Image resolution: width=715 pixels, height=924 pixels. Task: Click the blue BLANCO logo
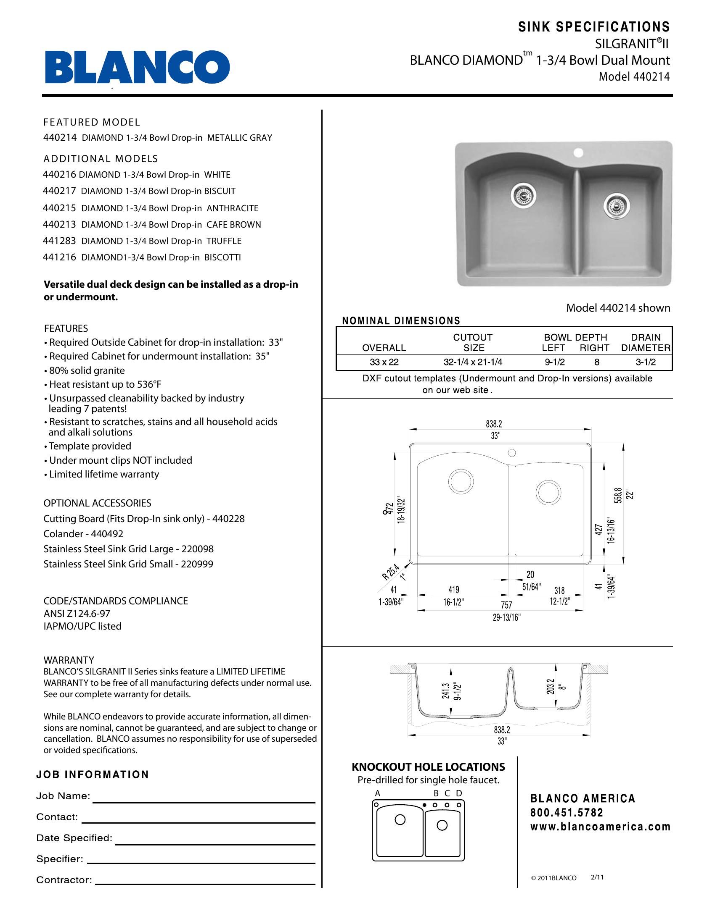tap(137, 67)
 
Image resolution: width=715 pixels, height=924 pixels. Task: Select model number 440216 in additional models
tap(60, 175)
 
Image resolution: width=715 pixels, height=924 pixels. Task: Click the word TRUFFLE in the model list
tap(224, 241)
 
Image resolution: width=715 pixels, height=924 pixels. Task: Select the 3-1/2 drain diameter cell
tap(646, 362)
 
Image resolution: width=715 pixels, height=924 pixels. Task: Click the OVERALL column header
tap(384, 348)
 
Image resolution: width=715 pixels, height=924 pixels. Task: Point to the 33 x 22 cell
tap(384, 362)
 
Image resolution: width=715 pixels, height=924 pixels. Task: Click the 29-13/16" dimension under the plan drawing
tap(506, 617)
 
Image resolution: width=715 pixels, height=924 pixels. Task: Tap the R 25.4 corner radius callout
tap(391, 572)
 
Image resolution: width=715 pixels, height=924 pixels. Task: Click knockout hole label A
tap(377, 794)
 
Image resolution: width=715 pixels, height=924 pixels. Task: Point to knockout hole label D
tap(459, 794)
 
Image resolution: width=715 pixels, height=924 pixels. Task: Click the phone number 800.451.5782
tap(567, 812)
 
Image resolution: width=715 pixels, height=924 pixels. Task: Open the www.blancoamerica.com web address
tap(600, 826)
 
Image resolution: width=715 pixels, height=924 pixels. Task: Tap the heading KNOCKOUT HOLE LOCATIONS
tap(428, 767)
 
